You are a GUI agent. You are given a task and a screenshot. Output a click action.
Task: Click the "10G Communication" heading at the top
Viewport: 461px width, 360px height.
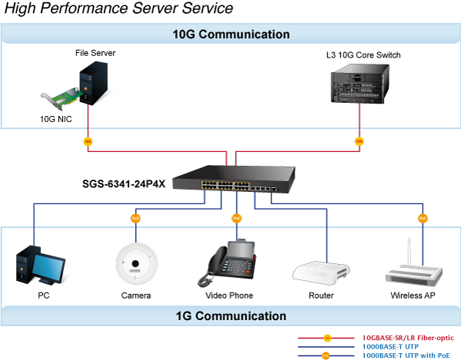click(x=230, y=35)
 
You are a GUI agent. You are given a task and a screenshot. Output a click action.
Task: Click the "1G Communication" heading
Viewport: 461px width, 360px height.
click(x=230, y=315)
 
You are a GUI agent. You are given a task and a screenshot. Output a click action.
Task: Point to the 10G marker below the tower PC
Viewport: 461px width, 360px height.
click(x=88, y=141)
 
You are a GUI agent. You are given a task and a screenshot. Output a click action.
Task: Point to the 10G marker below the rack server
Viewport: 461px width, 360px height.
click(x=359, y=141)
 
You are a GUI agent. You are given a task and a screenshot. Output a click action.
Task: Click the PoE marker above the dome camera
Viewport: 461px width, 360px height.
click(x=135, y=218)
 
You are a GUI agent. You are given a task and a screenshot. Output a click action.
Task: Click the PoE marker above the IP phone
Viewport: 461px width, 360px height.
click(x=237, y=218)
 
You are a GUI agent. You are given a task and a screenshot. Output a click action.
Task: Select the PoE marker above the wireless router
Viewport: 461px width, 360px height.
click(x=423, y=218)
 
